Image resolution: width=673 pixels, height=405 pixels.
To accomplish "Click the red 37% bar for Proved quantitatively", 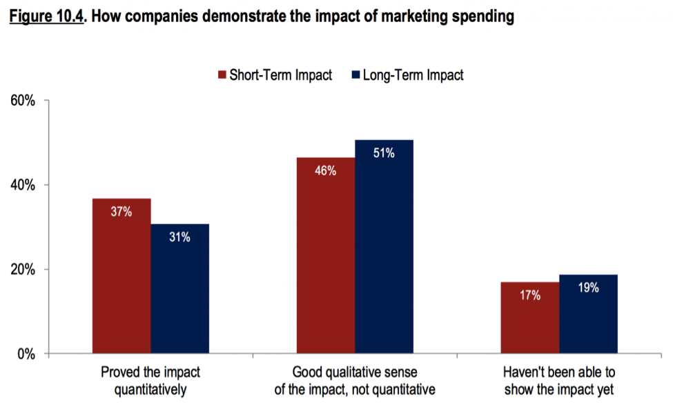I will coord(121,276).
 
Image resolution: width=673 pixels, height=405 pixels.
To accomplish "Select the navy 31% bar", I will coord(179,290).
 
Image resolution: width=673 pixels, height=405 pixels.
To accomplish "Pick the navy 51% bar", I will coord(384,248).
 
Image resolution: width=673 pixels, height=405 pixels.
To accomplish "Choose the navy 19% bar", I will coord(588,315).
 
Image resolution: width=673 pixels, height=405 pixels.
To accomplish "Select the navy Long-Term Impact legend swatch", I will coord(356,75).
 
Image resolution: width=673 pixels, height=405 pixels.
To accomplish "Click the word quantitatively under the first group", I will coord(150,389).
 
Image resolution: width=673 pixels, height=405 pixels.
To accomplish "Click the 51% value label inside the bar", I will coord(384,153).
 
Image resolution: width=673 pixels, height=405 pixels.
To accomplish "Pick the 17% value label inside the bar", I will coord(530,295).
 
